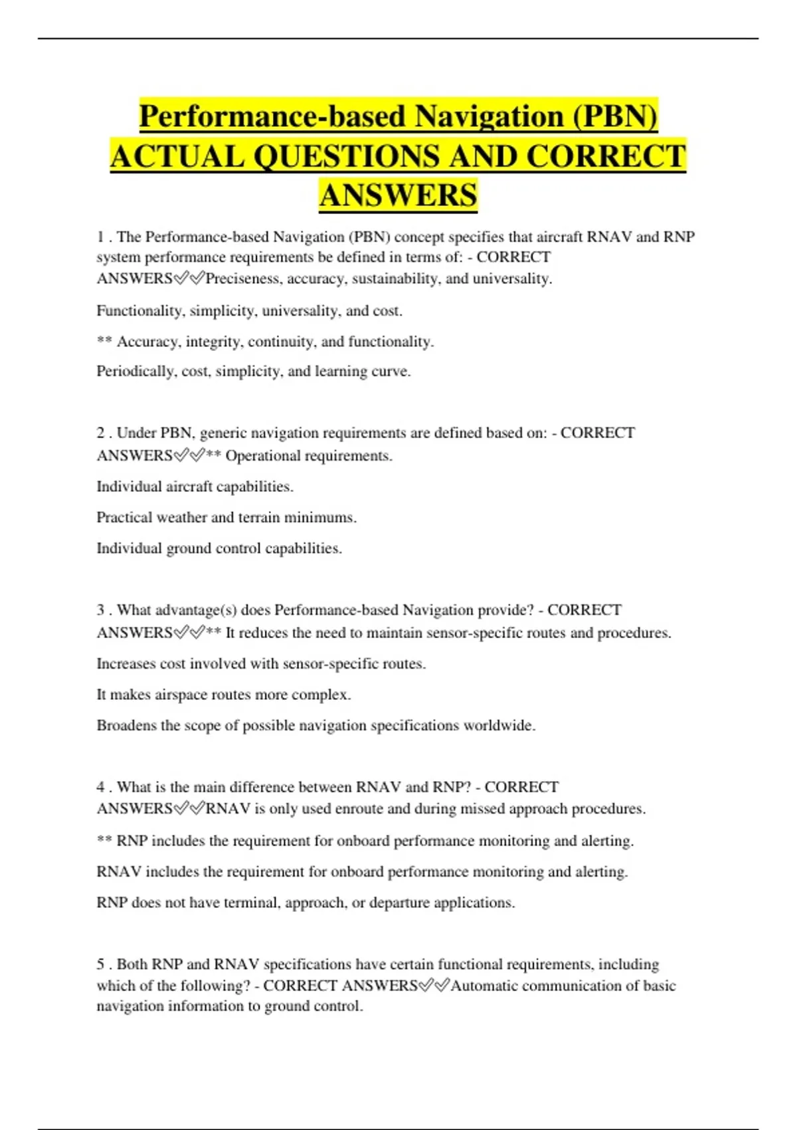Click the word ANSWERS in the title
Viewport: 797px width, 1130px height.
398,195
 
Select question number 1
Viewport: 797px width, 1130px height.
100,237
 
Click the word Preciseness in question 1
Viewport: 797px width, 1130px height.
244,279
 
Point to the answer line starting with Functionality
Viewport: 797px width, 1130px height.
249,310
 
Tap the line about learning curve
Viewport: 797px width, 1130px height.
253,371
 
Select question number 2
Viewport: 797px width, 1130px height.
100,433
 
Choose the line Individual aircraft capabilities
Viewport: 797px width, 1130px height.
195,487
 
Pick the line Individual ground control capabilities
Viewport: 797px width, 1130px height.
219,548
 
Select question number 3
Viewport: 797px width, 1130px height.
100,610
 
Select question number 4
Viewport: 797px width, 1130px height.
100,787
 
